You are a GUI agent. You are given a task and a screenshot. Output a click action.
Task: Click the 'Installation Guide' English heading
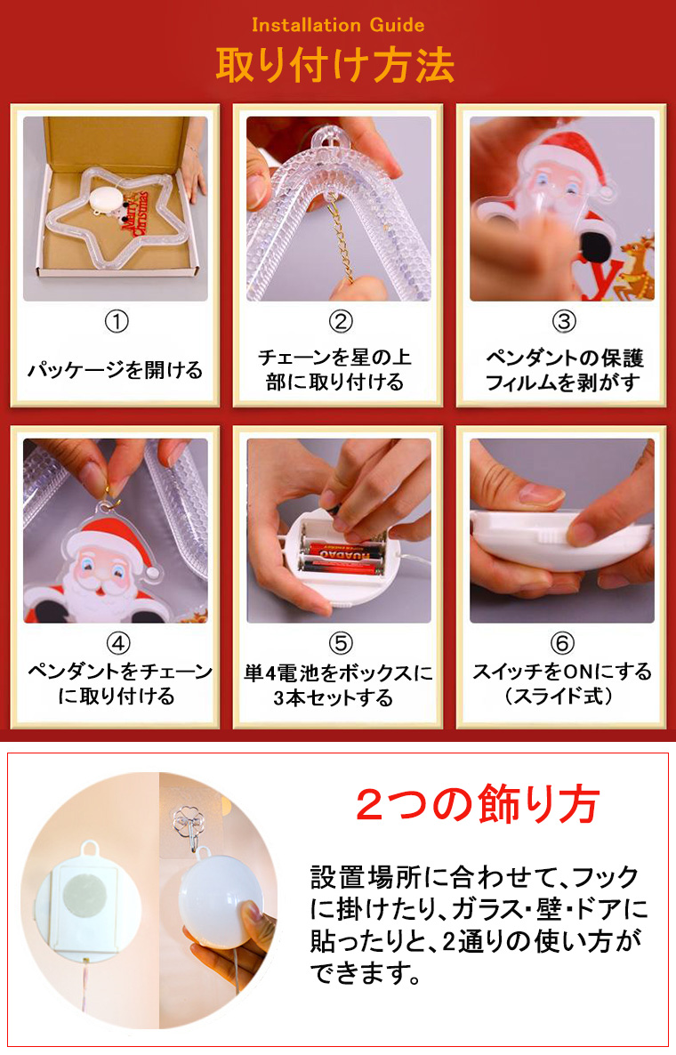click(338, 25)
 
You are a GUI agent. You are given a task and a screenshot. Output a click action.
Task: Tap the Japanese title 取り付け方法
click(335, 65)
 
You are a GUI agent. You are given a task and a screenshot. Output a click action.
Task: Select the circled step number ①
click(116, 322)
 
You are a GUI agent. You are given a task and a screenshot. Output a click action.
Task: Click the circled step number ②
click(340, 322)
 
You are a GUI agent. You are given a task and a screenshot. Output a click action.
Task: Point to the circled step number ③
click(564, 322)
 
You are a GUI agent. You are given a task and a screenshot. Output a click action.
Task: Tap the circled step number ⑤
click(340, 644)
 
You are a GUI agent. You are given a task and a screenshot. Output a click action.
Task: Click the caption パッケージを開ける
click(115, 370)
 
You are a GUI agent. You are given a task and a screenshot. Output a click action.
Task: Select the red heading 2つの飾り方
click(478, 804)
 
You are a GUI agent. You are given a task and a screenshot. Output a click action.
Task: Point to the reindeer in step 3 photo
click(636, 267)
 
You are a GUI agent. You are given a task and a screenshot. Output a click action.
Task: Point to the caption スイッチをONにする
click(562, 672)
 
